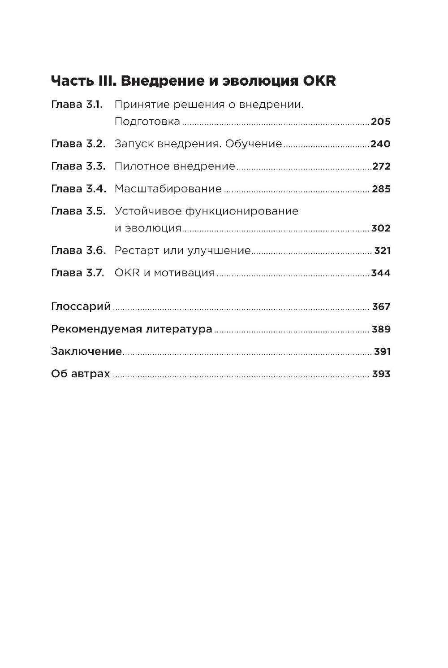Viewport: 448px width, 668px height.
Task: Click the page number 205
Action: pos(381,122)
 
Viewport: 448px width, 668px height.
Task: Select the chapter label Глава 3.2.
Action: pos(78,144)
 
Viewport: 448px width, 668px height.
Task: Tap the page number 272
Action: pos(382,166)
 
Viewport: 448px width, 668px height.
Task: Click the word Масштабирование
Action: pos(168,189)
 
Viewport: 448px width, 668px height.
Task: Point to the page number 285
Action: pos(381,189)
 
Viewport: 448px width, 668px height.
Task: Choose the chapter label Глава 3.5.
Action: pos(78,211)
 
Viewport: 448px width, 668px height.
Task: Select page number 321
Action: pos(383,250)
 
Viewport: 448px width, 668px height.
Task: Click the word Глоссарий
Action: pos(81,307)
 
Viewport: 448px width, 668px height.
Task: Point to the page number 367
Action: pos(381,307)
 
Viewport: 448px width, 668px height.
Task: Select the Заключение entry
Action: pos(86,351)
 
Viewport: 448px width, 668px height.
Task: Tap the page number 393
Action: pos(381,374)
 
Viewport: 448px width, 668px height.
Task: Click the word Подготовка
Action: pos(147,122)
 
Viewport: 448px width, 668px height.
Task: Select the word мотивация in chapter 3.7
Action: pos(184,273)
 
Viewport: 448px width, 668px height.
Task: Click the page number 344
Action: pos(381,273)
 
